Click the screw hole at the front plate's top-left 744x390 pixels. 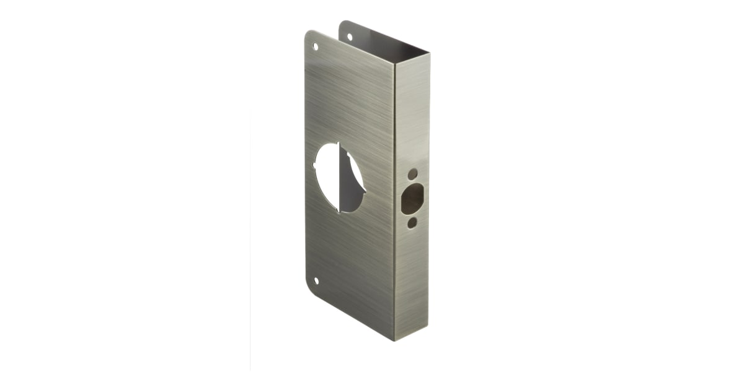(x=315, y=46)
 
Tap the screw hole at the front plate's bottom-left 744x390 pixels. (x=316, y=280)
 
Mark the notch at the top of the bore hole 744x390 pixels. (x=337, y=144)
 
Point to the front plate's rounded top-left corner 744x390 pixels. (x=308, y=35)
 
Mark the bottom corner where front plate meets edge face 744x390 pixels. (x=394, y=339)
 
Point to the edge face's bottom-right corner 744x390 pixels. (x=428, y=327)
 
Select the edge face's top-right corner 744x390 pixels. (x=428, y=53)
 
